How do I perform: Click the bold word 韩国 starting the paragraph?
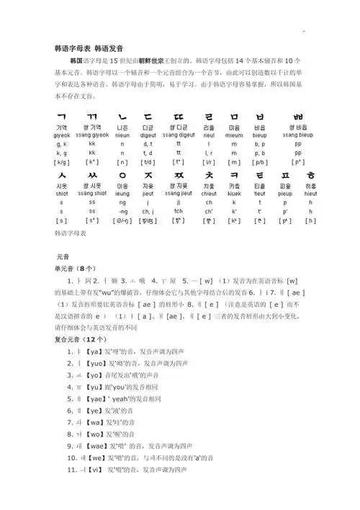[77, 62]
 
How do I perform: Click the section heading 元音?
[62, 256]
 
